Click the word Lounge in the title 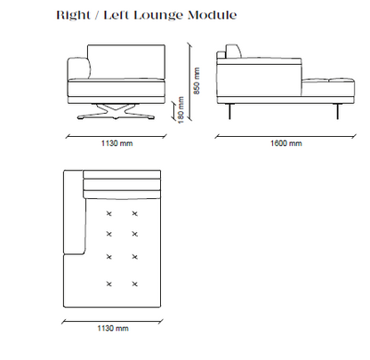pyautogui.click(x=158, y=15)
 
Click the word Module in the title pyautogui.click(x=213, y=15)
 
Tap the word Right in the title pyautogui.click(x=74, y=15)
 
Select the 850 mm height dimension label pyautogui.click(x=197, y=81)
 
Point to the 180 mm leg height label pyautogui.click(x=181, y=110)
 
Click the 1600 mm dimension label pyautogui.click(x=286, y=143)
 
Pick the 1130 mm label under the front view pyautogui.click(x=117, y=143)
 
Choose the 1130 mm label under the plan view pyautogui.click(x=113, y=328)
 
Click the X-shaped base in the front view pyautogui.click(x=116, y=112)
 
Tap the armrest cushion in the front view pyautogui.click(x=79, y=68)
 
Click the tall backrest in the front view pyautogui.click(x=126, y=62)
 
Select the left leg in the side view pyautogui.click(x=229, y=111)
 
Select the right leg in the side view pyautogui.click(x=337, y=111)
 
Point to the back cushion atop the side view pyautogui.click(x=234, y=52)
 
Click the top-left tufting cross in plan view pyautogui.click(x=109, y=213)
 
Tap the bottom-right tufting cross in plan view pyautogui.click(x=134, y=284)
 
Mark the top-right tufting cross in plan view pyautogui.click(x=134, y=213)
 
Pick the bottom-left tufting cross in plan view pyautogui.click(x=109, y=284)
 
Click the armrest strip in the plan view pyautogui.click(x=74, y=212)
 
